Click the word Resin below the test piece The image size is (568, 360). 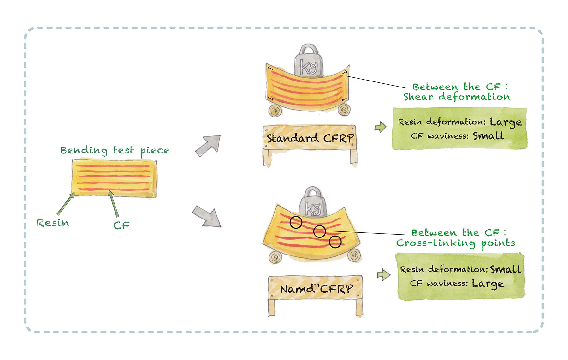click(x=53, y=223)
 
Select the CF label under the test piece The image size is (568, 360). click(x=121, y=225)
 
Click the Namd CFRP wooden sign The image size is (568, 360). click(x=316, y=289)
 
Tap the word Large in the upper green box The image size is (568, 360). click(x=505, y=123)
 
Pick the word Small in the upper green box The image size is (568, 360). click(x=488, y=136)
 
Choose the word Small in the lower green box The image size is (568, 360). click(x=506, y=269)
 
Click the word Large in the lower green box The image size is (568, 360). click(x=488, y=284)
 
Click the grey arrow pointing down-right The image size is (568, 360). click(x=207, y=216)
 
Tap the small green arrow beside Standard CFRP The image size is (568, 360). click(x=380, y=127)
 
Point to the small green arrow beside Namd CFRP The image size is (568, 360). click(x=383, y=275)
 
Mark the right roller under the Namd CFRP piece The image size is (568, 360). click(x=354, y=255)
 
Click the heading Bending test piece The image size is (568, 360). click(x=115, y=150)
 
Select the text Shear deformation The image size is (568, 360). click(x=457, y=97)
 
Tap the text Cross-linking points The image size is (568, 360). click(x=456, y=243)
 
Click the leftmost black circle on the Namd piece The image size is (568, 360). click(x=296, y=222)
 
